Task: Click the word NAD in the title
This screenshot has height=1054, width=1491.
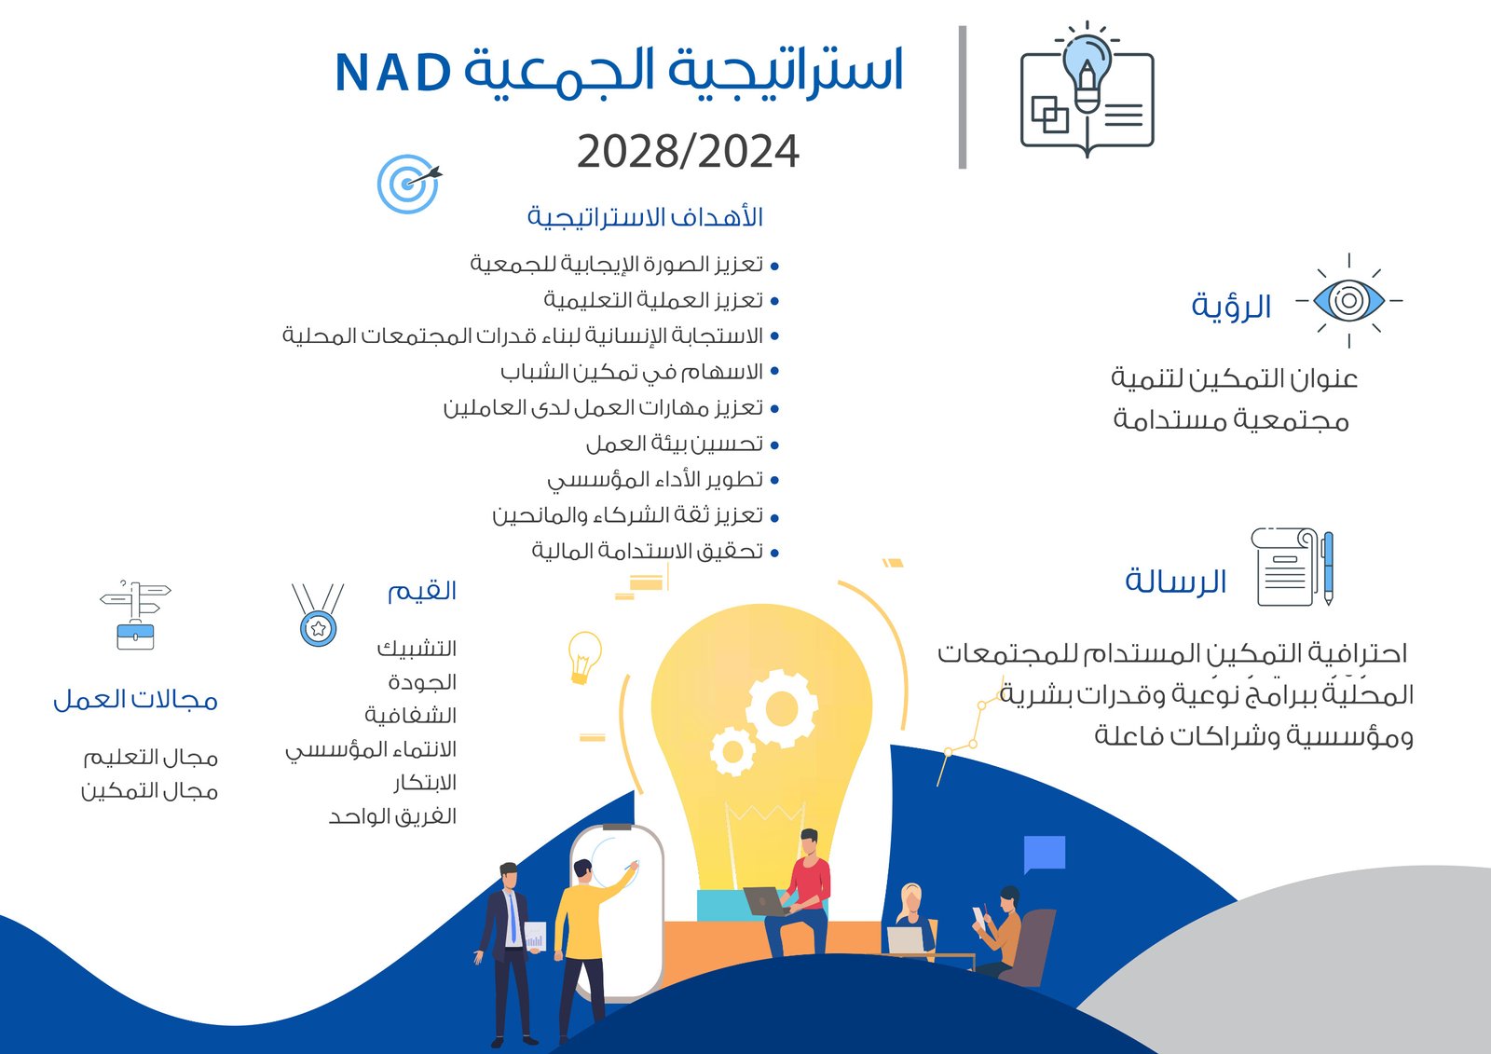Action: (x=393, y=72)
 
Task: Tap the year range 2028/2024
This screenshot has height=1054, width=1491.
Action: (x=688, y=152)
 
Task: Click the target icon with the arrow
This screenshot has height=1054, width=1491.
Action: (x=409, y=184)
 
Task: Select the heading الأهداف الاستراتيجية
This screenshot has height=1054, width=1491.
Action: (x=645, y=217)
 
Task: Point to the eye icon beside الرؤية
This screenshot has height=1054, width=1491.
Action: (x=1349, y=300)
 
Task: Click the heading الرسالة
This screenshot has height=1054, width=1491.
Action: (x=1175, y=582)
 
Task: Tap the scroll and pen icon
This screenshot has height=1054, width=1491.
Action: (x=1292, y=567)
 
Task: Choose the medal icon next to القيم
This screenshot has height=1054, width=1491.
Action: (x=318, y=615)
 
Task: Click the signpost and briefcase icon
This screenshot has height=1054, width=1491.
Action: (x=136, y=614)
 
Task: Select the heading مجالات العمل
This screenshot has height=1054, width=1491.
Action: (x=136, y=700)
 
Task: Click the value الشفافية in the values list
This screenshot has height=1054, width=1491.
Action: (x=410, y=716)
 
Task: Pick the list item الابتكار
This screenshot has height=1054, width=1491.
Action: (x=425, y=782)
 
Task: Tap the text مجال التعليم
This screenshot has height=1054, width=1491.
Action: (x=150, y=758)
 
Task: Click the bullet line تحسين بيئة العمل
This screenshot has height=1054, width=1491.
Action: (x=675, y=445)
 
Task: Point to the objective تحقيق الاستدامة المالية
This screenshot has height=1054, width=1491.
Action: (x=647, y=552)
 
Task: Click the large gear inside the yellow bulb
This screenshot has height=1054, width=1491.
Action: (x=782, y=709)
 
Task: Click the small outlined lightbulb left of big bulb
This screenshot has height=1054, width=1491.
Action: (x=583, y=657)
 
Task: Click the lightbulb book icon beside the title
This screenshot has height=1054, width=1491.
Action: (x=1087, y=89)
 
